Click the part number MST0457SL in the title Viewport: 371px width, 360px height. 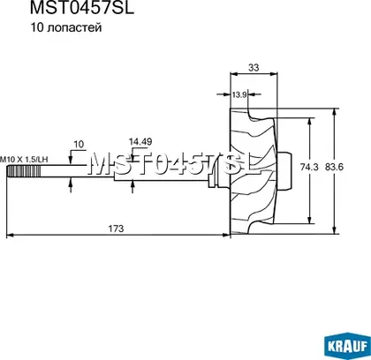[x=82, y=8]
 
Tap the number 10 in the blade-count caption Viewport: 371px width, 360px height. [x=37, y=27]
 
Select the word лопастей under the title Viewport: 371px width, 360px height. [x=74, y=28]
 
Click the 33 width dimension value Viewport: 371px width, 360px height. [x=254, y=68]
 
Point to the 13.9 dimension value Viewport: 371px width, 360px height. [x=239, y=94]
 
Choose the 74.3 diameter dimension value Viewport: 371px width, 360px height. [x=309, y=167]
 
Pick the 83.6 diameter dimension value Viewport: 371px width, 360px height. [x=334, y=167]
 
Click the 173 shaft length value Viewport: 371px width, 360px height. [x=116, y=229]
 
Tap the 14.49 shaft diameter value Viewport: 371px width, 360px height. [x=140, y=142]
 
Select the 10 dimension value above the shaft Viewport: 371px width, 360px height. [x=79, y=145]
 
